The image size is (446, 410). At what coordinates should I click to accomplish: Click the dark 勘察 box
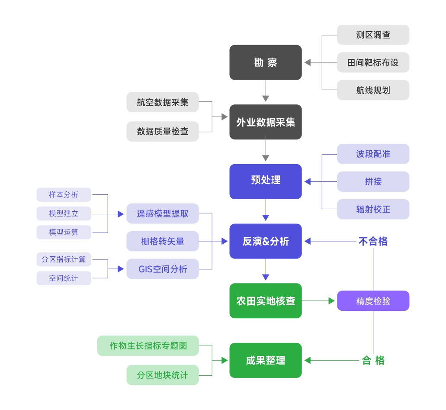tap(265, 62)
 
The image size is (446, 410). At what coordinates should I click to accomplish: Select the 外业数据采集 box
tap(265, 122)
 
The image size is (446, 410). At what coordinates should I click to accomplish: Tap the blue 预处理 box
tap(265, 181)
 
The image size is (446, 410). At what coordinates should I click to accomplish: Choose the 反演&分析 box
tap(265, 241)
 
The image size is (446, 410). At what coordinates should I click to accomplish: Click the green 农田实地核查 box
tap(265, 301)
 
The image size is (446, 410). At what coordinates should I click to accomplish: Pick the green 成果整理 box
tap(265, 360)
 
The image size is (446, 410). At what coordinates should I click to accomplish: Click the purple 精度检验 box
tap(373, 301)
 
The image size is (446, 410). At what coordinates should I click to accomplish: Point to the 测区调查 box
tap(373, 35)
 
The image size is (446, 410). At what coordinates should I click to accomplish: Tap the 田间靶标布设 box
tap(373, 62)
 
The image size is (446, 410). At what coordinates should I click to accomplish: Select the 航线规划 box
tap(373, 90)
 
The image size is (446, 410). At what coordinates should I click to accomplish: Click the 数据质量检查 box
tap(163, 131)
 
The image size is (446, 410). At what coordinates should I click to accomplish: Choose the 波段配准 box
tap(373, 154)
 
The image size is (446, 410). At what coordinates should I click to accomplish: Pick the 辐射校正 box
tap(373, 209)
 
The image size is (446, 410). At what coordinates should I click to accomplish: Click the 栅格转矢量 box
tap(163, 241)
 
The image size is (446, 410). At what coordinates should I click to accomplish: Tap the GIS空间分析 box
tap(163, 269)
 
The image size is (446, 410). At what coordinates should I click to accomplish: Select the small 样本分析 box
tap(64, 195)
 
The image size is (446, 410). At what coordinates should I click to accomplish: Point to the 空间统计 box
tap(64, 278)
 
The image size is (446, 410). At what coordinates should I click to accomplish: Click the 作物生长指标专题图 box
tap(148, 345)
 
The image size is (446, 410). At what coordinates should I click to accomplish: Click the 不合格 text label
tap(373, 241)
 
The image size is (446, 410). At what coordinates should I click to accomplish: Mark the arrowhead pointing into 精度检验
tap(332, 301)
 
